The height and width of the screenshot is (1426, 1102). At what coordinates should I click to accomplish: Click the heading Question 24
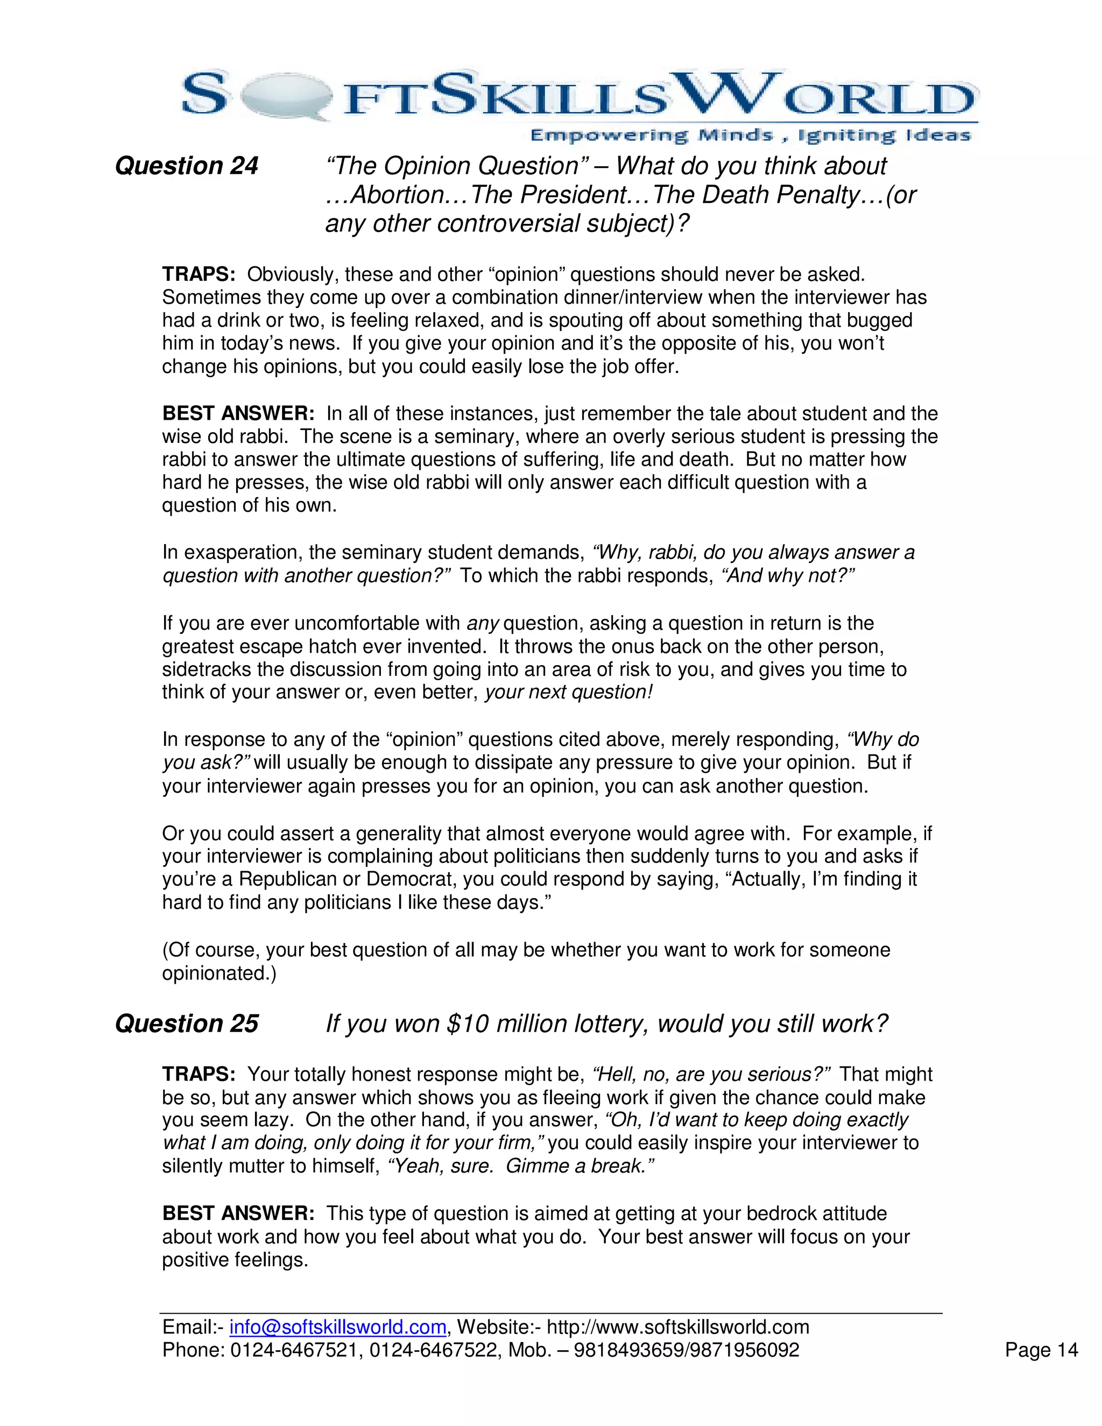pos(187,166)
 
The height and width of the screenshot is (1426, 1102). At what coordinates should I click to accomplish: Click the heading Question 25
pos(187,1023)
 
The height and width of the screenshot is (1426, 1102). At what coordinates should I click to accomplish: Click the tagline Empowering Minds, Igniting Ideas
pos(750,135)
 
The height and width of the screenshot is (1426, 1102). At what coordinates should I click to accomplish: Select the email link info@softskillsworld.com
pos(337,1327)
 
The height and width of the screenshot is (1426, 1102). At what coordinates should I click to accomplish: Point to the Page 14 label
pos(1041,1350)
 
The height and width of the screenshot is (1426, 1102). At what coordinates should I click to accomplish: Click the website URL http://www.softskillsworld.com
pos(677,1327)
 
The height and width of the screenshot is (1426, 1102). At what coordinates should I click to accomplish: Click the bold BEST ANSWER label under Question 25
pos(238,1213)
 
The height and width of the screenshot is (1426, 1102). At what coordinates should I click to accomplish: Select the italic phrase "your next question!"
pos(568,692)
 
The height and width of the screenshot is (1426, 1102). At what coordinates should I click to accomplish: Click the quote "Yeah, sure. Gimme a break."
pos(520,1166)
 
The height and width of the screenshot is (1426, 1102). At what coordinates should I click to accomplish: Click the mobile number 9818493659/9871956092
pos(686,1350)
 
